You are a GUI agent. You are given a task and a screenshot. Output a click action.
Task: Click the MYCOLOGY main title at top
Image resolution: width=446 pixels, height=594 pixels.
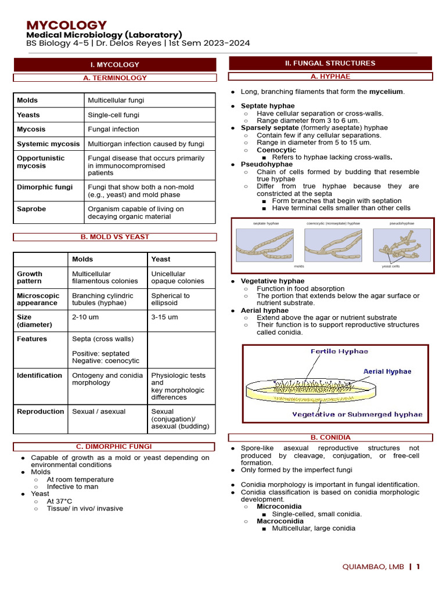click(67, 25)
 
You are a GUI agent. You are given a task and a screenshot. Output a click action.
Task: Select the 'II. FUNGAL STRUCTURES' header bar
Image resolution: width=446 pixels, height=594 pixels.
click(330, 63)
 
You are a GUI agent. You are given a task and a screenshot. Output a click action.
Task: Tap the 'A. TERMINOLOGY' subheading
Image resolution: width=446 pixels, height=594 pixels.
click(115, 78)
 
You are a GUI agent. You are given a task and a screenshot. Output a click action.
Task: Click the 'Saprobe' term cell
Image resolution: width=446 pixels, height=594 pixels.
click(31, 209)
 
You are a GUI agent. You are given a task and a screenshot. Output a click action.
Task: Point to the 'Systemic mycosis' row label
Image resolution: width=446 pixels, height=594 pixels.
click(48, 144)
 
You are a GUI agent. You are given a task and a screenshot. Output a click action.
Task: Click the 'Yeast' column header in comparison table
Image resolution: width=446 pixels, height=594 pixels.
click(161, 259)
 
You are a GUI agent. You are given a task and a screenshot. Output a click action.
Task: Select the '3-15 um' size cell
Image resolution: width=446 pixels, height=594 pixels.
click(164, 317)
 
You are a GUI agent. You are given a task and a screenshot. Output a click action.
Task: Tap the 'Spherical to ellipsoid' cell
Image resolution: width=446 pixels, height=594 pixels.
click(170, 299)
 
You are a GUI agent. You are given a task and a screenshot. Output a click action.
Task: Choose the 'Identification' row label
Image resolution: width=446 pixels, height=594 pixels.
click(39, 375)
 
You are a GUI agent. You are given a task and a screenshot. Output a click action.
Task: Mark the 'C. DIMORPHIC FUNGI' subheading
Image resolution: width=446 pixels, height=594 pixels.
click(114, 446)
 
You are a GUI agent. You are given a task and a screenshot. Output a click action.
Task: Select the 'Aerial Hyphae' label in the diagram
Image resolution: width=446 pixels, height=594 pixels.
click(387, 371)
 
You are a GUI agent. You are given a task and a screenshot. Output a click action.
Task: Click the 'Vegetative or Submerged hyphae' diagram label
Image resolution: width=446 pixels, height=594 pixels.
click(357, 414)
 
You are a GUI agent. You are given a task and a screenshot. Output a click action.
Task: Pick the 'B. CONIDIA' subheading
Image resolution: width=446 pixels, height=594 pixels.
click(330, 437)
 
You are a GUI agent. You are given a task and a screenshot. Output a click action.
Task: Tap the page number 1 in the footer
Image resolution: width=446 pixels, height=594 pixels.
click(418, 567)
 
